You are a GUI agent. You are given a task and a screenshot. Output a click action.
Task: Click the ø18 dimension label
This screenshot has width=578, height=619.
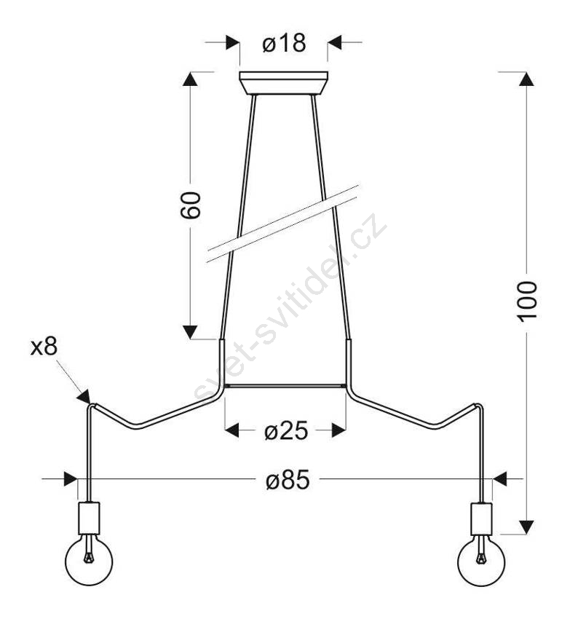click(284, 43)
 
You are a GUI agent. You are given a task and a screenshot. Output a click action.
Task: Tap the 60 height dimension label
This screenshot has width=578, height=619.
click(191, 205)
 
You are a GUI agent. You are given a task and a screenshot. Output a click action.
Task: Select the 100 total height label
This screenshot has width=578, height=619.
click(528, 301)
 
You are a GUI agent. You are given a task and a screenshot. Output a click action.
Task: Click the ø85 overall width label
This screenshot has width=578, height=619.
click(288, 480)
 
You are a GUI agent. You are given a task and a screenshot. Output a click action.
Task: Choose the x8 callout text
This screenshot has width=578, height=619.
click(44, 346)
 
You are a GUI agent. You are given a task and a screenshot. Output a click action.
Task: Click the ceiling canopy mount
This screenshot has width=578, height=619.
click(283, 83)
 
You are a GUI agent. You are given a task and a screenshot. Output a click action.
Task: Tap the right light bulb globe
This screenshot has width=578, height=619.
click(481, 561)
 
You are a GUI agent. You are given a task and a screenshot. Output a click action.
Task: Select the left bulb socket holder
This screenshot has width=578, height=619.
click(89, 518)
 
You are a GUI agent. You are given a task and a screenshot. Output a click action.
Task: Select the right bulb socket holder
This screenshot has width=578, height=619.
click(481, 519)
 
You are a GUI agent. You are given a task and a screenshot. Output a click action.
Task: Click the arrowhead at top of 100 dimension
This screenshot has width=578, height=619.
click(526, 79)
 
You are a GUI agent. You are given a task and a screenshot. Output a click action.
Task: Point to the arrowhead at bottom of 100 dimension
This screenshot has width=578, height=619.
click(526, 527)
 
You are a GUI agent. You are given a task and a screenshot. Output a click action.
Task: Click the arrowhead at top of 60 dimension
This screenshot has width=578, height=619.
click(190, 79)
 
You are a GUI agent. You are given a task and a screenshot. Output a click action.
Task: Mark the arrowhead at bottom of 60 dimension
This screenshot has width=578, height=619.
click(190, 332)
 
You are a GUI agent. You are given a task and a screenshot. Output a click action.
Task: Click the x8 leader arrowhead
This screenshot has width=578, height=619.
click(84, 397)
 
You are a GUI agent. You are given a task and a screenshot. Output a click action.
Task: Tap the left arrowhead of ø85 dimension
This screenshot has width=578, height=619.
click(70, 479)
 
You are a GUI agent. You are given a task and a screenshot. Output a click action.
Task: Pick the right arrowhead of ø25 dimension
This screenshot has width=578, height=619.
click(339, 430)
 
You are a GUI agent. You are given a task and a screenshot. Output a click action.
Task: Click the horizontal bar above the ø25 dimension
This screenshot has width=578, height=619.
click(285, 386)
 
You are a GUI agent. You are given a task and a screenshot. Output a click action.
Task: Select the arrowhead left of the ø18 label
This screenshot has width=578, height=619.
click(233, 42)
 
